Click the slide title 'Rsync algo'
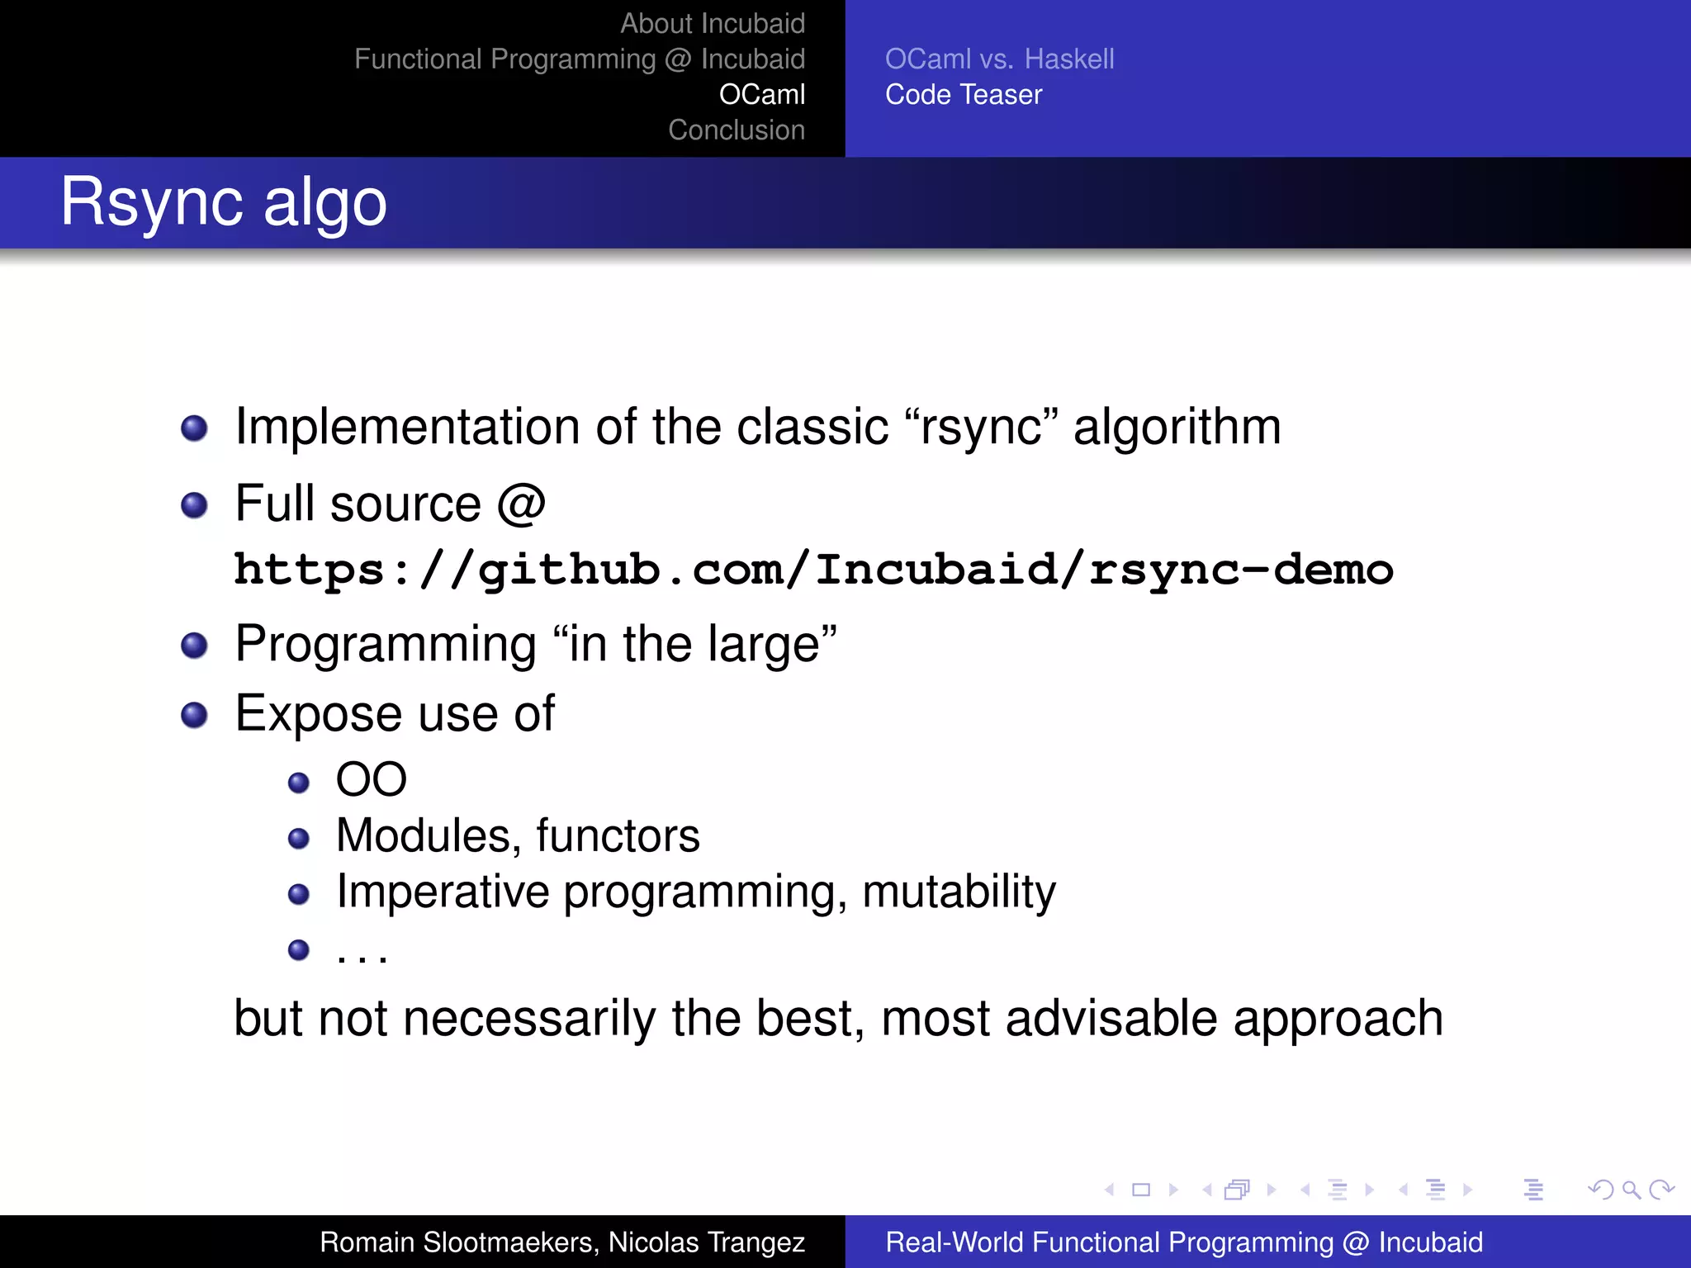coord(223,202)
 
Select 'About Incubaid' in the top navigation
coord(712,23)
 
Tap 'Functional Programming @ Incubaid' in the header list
coord(579,59)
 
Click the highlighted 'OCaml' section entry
coord(761,94)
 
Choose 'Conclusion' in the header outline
coord(736,130)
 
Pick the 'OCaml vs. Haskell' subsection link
coord(999,59)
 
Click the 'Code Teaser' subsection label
coord(963,94)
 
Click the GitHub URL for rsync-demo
coord(812,570)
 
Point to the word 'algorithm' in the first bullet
coord(1176,428)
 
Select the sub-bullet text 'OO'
coord(371,779)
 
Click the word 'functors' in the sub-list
coord(617,835)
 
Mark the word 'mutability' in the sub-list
coord(959,892)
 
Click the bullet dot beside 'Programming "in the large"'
coord(194,646)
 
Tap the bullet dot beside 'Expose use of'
coord(194,715)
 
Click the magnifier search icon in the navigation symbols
coord(1631,1190)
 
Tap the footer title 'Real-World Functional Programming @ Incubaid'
coord(1183,1242)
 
